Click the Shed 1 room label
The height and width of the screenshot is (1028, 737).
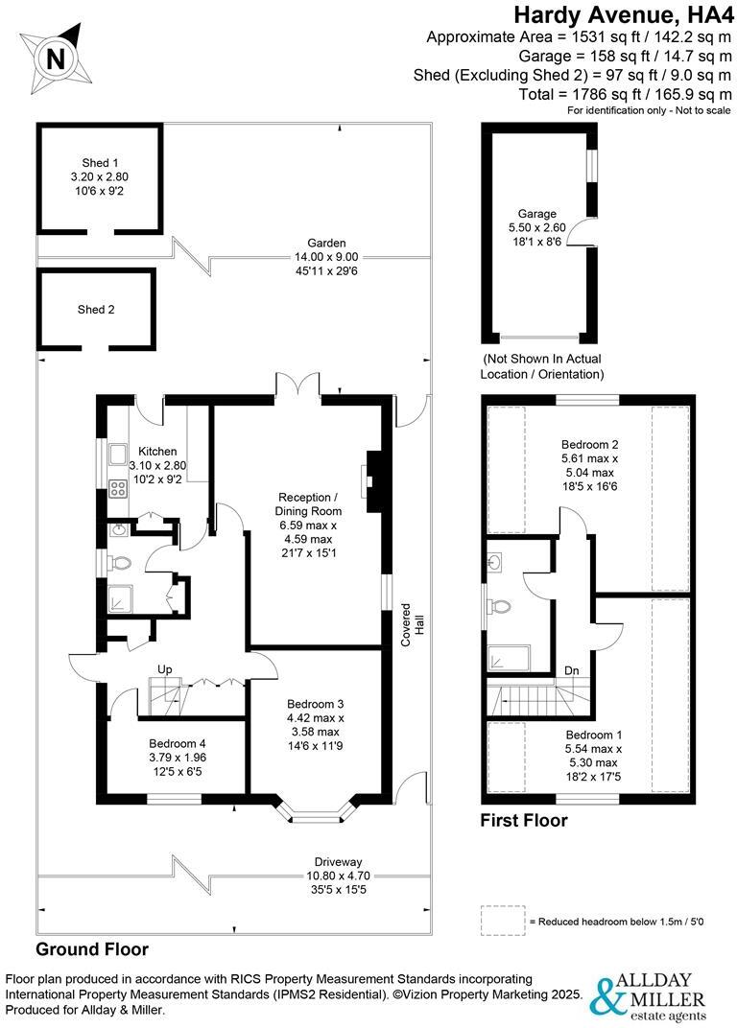point(99,163)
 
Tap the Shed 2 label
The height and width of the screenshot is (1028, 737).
point(96,309)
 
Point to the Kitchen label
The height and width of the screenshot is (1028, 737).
point(157,451)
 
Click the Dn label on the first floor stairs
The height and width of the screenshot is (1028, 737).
point(571,670)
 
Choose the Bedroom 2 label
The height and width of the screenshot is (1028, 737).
point(589,445)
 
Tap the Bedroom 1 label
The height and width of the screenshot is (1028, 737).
point(588,735)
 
